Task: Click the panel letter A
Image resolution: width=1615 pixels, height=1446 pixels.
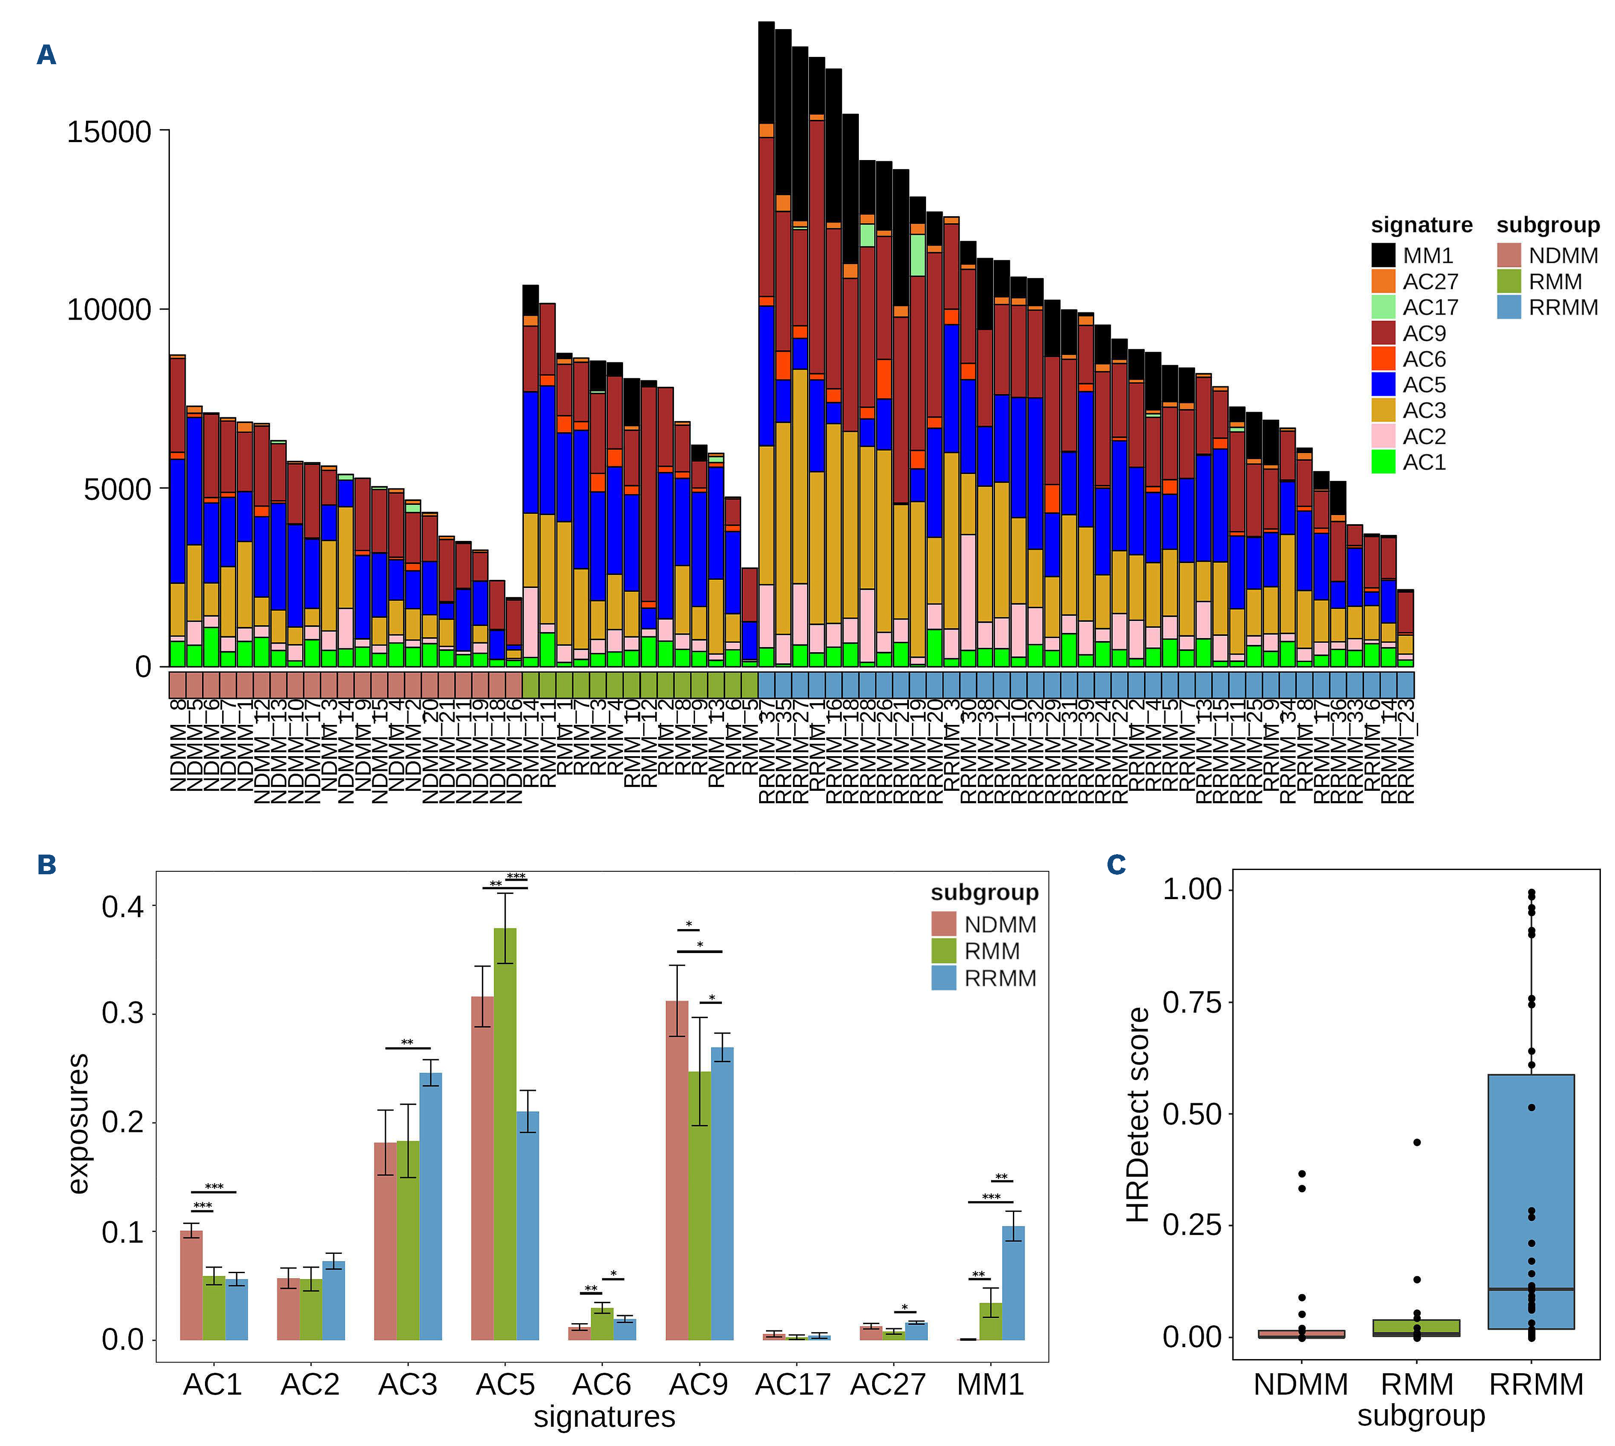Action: [46, 55]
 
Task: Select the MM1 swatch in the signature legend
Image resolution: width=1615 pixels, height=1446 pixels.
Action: [1383, 255]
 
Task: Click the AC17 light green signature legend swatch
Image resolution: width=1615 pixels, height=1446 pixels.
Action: [1383, 307]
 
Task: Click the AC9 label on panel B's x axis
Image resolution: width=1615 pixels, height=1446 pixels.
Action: [698, 1385]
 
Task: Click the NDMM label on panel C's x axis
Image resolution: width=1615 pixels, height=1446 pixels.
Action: [1300, 1385]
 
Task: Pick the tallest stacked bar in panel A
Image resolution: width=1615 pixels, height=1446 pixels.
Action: [766, 341]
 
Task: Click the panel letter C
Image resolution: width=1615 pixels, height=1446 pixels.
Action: [1116, 864]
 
